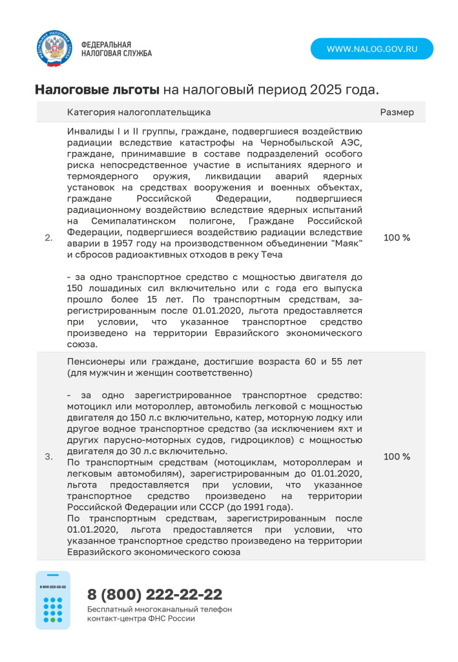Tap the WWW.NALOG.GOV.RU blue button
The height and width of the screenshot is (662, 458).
[371, 49]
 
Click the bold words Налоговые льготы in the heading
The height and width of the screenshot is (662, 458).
[97, 89]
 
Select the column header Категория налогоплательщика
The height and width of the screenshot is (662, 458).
[138, 112]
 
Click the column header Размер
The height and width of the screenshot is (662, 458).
[397, 112]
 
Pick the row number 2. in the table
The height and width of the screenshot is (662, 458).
[48, 238]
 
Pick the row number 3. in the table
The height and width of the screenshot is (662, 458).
[48, 457]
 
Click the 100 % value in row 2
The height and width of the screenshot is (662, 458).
[397, 238]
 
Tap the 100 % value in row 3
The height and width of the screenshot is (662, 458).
[397, 457]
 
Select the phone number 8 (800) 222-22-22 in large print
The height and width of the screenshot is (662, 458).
[155, 594]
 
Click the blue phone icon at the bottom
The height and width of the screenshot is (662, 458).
[53, 600]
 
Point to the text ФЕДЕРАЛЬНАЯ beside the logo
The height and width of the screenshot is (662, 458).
[101, 45]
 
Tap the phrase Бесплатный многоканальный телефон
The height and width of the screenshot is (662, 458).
[160, 610]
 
